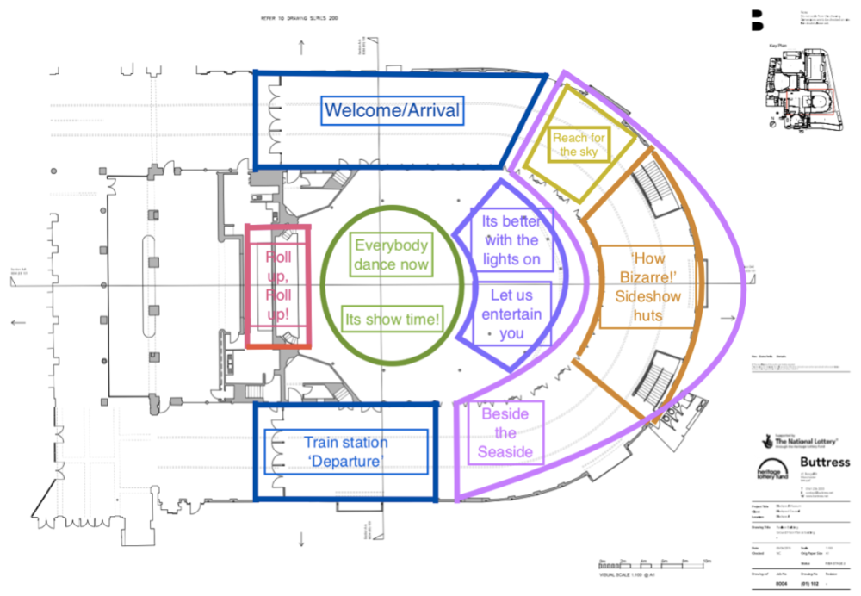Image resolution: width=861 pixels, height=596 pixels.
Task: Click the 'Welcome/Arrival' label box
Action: (392, 111)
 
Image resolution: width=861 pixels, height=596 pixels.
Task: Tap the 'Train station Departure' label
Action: (346, 452)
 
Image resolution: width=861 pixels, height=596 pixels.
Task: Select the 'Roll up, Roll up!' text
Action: (277, 287)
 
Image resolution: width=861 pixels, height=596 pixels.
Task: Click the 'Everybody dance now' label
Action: (392, 254)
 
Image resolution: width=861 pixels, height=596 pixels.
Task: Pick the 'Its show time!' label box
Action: (392, 320)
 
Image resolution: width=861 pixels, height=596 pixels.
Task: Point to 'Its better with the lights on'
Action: (511, 240)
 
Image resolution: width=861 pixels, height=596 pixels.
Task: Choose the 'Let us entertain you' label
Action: (511, 314)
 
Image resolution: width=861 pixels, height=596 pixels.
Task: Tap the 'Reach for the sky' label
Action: (579, 144)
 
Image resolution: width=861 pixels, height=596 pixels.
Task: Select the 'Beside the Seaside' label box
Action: (505, 433)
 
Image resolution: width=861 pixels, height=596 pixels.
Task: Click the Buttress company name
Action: (823, 463)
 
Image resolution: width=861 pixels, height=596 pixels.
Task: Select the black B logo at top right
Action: (757, 18)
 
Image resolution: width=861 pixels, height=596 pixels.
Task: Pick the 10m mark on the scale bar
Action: (705, 560)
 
